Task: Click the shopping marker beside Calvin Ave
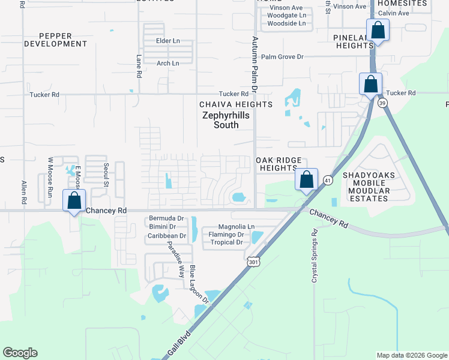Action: coord(378,30)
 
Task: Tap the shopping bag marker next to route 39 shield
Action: coord(370,84)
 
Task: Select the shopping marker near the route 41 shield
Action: coord(306,179)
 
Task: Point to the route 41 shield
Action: coord(327,179)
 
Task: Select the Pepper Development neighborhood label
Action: coord(56,40)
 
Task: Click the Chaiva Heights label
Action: coord(236,104)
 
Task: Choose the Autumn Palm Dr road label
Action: coord(255,64)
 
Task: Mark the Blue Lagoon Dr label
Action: coord(199,284)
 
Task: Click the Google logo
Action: coord(20,353)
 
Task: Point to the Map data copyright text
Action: coord(411,355)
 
